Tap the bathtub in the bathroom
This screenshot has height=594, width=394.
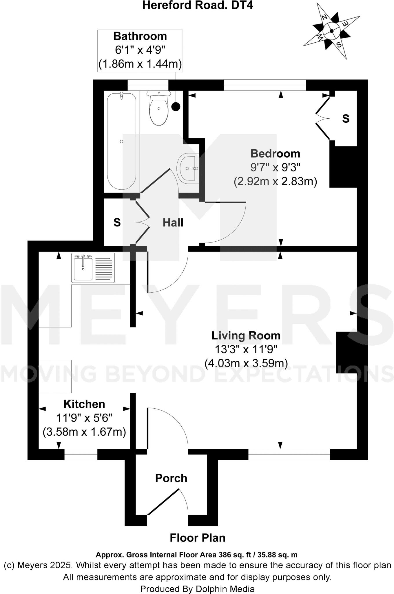[121, 141]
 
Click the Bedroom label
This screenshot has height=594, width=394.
[275, 153]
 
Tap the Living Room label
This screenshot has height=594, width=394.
[246, 336]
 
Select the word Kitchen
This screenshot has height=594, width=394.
[84, 404]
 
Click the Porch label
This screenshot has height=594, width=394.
[171, 478]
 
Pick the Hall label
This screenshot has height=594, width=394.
[173, 223]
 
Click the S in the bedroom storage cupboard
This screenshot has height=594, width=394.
[346, 119]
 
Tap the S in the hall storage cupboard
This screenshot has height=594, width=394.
[117, 222]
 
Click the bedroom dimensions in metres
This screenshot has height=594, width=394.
[275, 182]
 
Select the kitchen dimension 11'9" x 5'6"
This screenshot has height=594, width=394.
[84, 418]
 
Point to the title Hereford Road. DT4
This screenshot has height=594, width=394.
[198, 5]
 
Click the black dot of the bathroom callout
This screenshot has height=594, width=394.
[176, 107]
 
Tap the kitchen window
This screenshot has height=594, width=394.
[81, 454]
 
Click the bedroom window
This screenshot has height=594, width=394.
[265, 85]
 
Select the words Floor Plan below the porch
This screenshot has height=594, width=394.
[198, 538]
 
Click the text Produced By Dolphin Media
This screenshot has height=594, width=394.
[198, 589]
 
